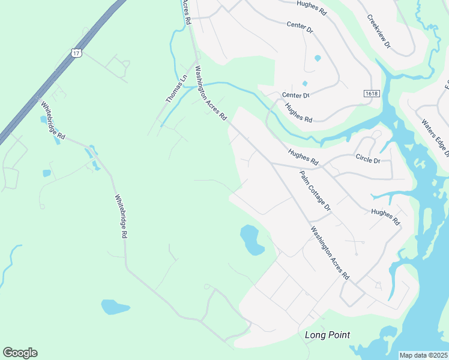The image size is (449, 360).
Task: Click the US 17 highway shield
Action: click(x=76, y=53)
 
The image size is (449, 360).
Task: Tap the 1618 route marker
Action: click(x=372, y=93)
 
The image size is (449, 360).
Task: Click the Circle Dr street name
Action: click(x=368, y=161)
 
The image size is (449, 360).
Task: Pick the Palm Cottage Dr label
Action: click(x=315, y=190)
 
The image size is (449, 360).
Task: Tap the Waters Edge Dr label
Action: click(x=435, y=138)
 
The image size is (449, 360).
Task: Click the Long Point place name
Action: click(x=327, y=335)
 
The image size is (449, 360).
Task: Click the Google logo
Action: click(x=20, y=353)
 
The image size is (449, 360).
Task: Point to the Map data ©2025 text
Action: click(x=424, y=355)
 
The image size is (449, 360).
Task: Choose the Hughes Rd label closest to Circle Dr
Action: click(x=303, y=157)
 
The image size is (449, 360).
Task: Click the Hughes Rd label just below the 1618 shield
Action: click(x=299, y=113)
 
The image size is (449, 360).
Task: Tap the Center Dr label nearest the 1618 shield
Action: click(x=295, y=95)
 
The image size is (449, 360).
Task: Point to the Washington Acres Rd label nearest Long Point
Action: click(x=330, y=253)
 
